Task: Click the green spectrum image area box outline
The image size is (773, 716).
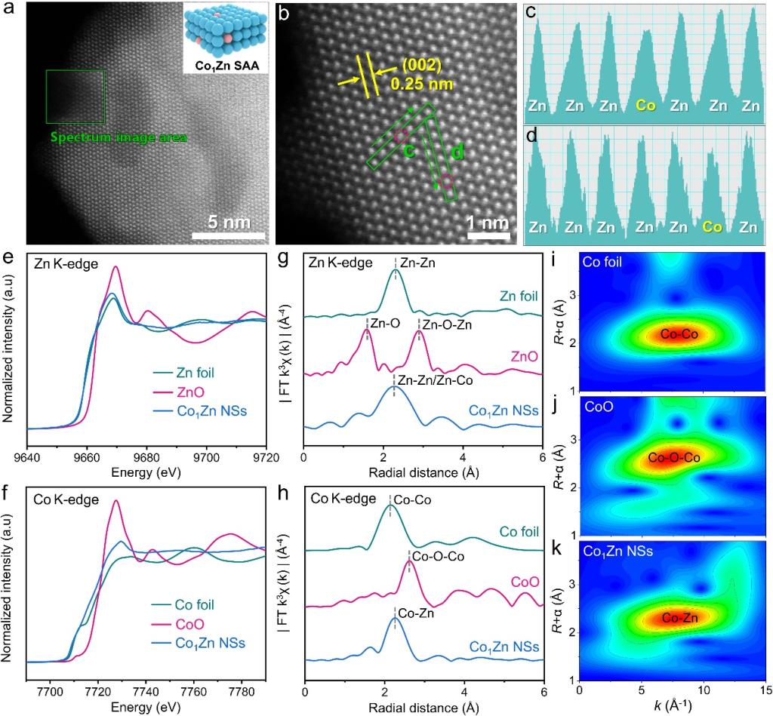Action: (x=75, y=71)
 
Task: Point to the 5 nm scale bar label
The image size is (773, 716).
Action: (x=229, y=222)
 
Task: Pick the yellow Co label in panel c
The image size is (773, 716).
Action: (x=645, y=107)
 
